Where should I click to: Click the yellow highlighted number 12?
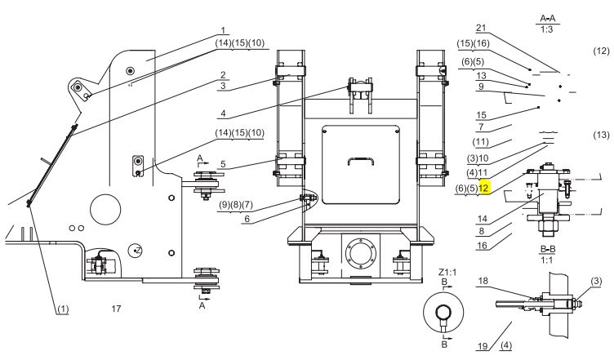point(483,188)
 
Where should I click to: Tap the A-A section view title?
point(547,19)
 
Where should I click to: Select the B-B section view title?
point(547,249)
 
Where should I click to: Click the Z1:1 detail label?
point(447,272)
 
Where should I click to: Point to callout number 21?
point(481,28)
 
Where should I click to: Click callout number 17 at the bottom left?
point(116,309)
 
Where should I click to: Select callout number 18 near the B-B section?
point(483,281)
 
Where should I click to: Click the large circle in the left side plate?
point(105,210)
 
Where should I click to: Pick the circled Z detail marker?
point(135,251)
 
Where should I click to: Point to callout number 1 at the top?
point(223,30)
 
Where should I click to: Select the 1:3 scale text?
point(547,29)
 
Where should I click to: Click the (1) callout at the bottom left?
point(63,309)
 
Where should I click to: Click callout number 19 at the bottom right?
point(483,346)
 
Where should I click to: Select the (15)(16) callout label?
point(473,43)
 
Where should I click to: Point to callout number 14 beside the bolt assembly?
point(482,219)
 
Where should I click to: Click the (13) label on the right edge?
point(602,135)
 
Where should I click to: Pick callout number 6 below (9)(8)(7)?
point(247,219)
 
